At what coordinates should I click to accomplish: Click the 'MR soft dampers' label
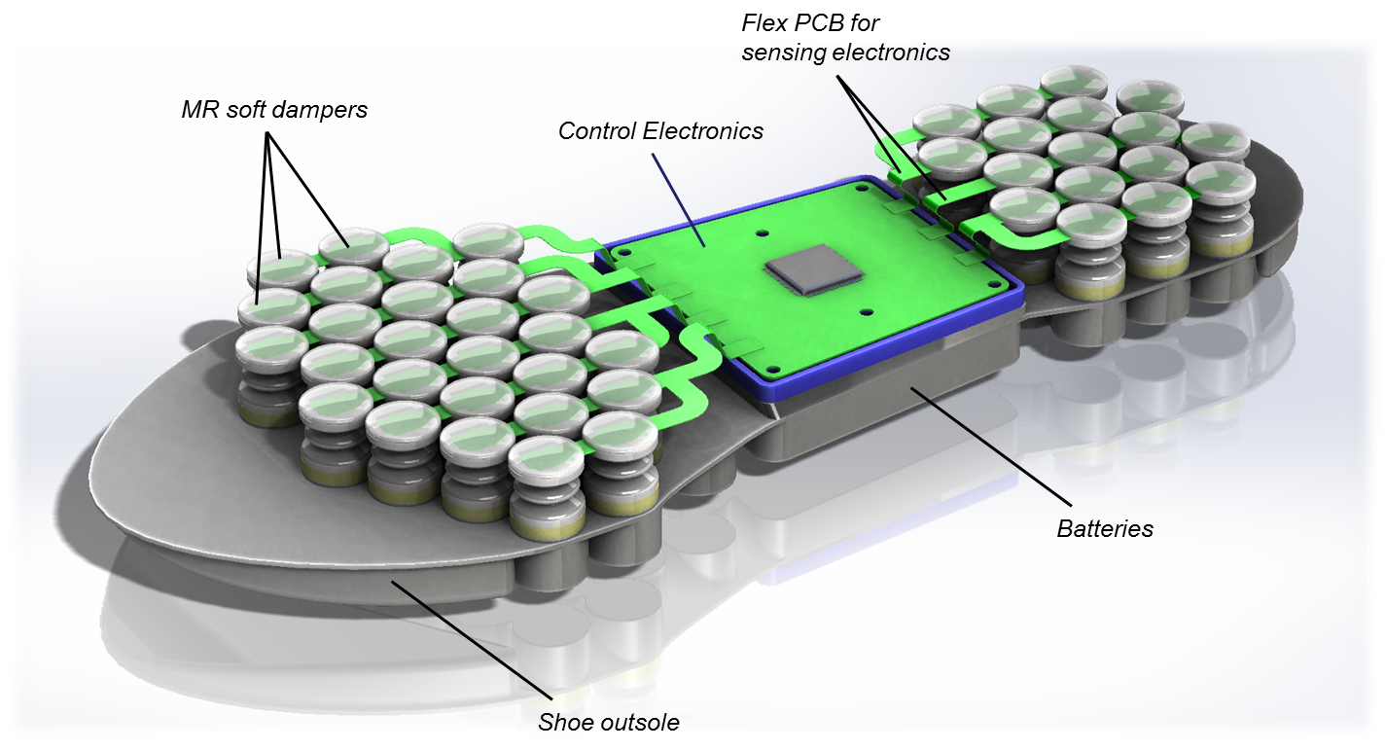pyautogui.click(x=274, y=110)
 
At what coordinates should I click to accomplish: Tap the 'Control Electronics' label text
pyautogui.click(x=660, y=131)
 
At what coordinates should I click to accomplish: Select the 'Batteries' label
pyautogui.click(x=1105, y=528)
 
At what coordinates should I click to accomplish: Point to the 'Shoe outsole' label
pyautogui.click(x=609, y=722)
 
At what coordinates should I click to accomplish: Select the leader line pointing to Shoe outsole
pyautogui.click(x=472, y=640)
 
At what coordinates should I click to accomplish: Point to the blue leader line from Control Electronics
pyautogui.click(x=679, y=198)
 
